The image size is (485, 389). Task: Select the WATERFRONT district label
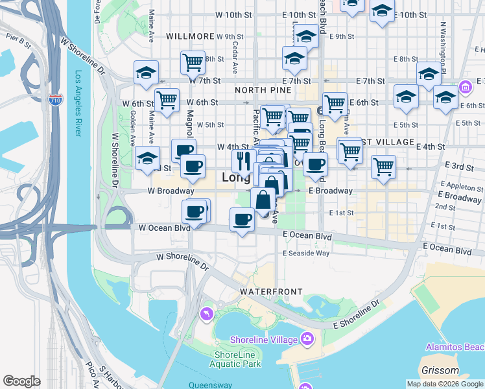271,292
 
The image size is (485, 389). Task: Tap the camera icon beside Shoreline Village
307,338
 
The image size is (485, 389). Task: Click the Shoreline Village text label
265,340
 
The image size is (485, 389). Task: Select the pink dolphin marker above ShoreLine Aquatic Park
207,314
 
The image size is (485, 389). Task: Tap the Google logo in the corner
21,381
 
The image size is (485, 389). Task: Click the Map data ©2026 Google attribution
444,384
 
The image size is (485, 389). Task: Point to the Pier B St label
18,43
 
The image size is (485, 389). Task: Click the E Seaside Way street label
307,253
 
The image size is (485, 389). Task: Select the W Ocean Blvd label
164,228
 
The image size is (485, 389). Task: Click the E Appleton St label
459,186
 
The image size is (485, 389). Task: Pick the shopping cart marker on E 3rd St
383,167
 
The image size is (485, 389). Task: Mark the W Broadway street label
171,191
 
